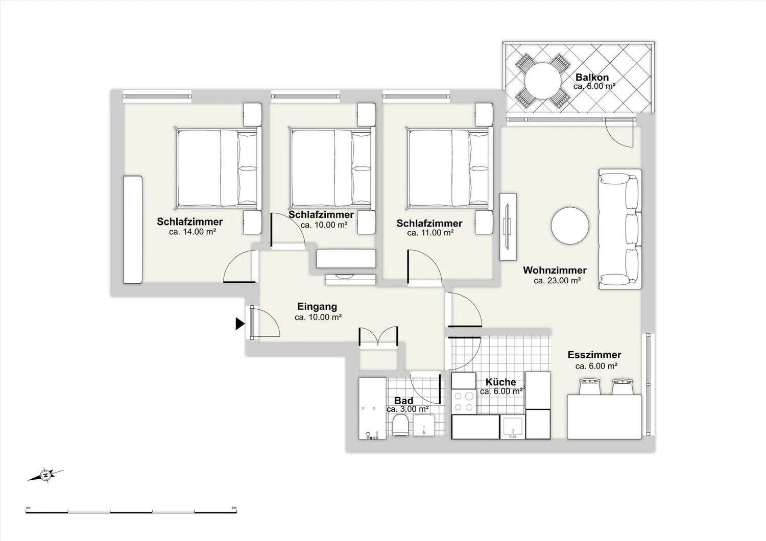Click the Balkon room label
click(x=592, y=77)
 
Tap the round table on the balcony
click(x=543, y=82)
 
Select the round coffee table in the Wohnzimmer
click(x=570, y=226)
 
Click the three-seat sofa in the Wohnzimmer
click(x=619, y=229)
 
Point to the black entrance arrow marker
click(x=240, y=323)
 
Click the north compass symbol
click(x=45, y=475)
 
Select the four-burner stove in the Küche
click(x=464, y=402)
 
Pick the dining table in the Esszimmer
click(x=604, y=416)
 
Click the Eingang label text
click(x=317, y=306)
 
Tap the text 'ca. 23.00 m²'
click(x=557, y=281)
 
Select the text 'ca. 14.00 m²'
click(x=192, y=232)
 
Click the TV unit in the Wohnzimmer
click(x=508, y=227)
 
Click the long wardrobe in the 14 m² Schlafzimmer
click(x=133, y=229)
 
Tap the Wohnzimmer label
click(x=555, y=270)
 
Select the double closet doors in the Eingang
click(x=378, y=336)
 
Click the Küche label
click(x=500, y=382)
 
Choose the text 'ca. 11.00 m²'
click(x=430, y=233)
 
